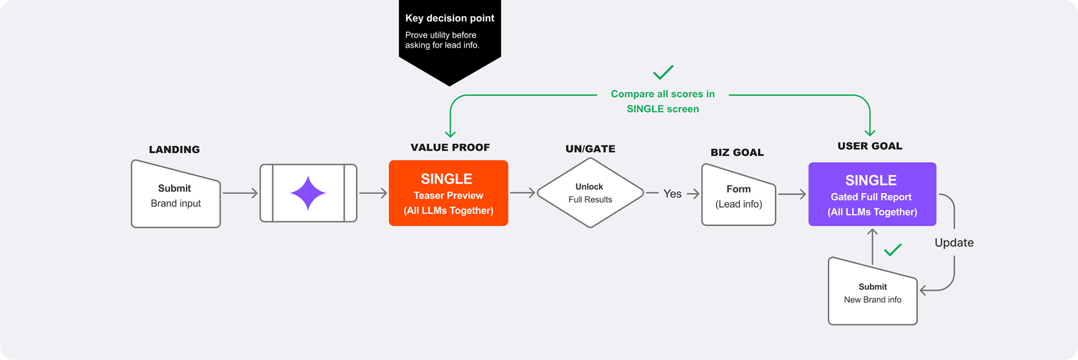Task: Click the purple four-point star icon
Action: coord(308,193)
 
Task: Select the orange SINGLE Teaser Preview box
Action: coord(448,193)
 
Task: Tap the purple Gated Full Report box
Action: coord(872,194)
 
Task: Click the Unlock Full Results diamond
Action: coord(590,193)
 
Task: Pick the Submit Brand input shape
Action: coord(175,195)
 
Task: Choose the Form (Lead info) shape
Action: coord(738,196)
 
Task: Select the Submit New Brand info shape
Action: coord(873,293)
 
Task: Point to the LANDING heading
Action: coord(174,149)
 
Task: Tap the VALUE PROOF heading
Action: coord(450,147)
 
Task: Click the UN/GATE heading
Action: coord(590,149)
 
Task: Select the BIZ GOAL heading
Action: coord(737,152)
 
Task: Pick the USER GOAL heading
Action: coord(870,146)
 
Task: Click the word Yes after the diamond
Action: coord(672,194)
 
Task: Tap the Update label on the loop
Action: coord(954,243)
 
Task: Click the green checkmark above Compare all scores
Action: coord(663,72)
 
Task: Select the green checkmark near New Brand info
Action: coord(893,249)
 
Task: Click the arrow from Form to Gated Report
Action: coord(792,194)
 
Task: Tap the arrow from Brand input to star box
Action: coord(240,193)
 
